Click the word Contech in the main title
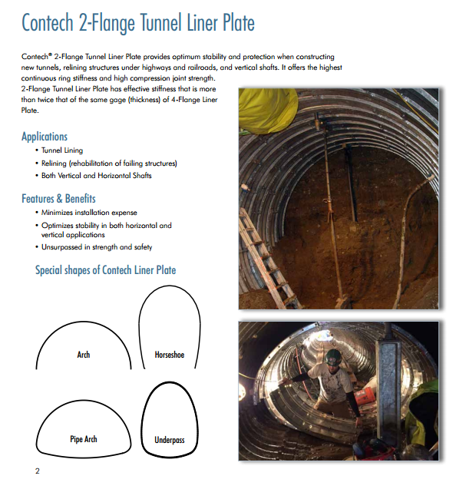tap(48, 22)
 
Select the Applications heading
tap(45, 137)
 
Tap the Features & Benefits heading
tap(58, 199)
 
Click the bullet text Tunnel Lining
tap(62, 150)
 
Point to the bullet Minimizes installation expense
tap(89, 213)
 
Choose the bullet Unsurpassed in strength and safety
tap(97, 247)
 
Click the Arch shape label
tap(83, 355)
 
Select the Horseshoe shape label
tap(170, 355)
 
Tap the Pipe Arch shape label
tap(83, 439)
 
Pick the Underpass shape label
tap(170, 440)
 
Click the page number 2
tap(38, 471)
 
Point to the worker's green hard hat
tap(333, 357)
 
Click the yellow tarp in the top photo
tap(268, 109)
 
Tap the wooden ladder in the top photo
tap(267, 259)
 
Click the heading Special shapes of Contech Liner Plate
tap(105, 270)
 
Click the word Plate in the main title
tap(238, 22)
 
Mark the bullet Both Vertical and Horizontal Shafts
tap(97, 176)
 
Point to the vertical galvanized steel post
tap(388, 390)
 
